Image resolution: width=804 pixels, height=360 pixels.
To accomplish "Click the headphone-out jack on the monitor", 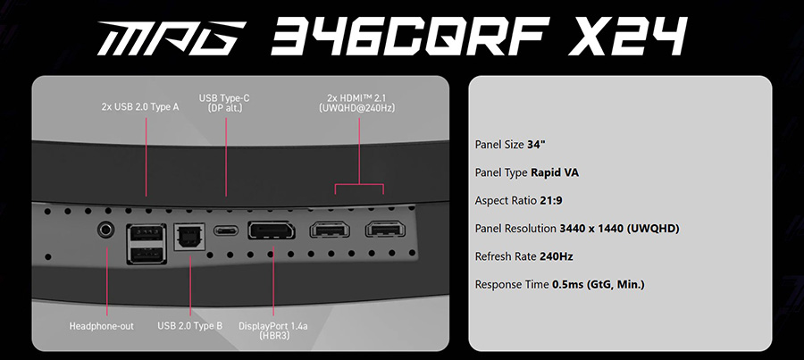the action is (x=106, y=230).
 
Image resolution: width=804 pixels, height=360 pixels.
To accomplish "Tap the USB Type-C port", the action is (x=226, y=230).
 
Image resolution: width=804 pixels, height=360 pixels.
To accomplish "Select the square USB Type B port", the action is (x=189, y=237).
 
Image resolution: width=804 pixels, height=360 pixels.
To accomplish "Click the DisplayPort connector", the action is (x=272, y=230).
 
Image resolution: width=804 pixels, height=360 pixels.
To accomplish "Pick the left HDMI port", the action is (x=330, y=230).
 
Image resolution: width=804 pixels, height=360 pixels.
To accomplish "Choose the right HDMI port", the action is (x=386, y=229).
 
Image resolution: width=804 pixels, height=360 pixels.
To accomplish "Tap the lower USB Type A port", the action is (x=147, y=255).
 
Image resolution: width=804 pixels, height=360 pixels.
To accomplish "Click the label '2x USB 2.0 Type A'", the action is (x=140, y=108).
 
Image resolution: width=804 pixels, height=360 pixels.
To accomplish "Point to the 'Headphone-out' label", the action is (x=102, y=326).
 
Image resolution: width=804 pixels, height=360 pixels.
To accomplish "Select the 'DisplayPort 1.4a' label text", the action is (x=273, y=326).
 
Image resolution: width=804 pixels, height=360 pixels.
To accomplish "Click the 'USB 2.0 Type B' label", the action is (x=190, y=326).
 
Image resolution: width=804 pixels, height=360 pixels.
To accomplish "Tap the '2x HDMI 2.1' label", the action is (x=359, y=98).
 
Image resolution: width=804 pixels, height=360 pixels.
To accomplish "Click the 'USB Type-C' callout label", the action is (x=224, y=98).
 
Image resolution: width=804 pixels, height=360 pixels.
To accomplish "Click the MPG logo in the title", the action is (x=172, y=38).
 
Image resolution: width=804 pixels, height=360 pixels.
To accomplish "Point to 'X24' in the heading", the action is (x=626, y=36).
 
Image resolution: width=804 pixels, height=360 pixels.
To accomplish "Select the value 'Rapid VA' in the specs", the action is (x=555, y=172).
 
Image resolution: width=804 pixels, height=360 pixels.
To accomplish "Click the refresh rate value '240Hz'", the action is (x=557, y=256).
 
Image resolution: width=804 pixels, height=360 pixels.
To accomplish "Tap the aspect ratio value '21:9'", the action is (x=551, y=200).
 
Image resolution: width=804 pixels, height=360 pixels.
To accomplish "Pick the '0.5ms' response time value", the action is (x=567, y=284).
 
